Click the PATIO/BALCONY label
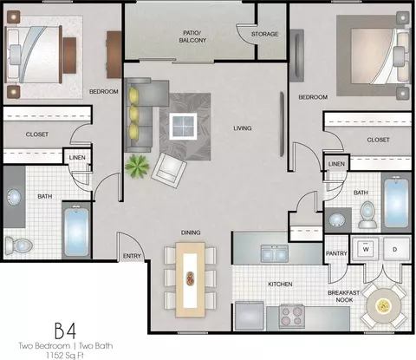(192, 36)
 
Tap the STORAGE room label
(264, 34)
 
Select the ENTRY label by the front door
(132, 256)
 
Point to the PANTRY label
(336, 253)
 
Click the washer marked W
(366, 249)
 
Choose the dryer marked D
(395, 249)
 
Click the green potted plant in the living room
(137, 166)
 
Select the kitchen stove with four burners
(291, 317)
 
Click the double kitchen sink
(275, 253)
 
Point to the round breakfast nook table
(384, 306)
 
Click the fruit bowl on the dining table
(190, 278)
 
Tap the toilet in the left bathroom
(19, 245)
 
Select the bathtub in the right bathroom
(396, 201)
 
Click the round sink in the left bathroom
(14, 198)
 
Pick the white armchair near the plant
(169, 170)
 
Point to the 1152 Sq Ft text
(66, 356)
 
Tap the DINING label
(191, 232)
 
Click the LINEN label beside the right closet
(336, 164)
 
